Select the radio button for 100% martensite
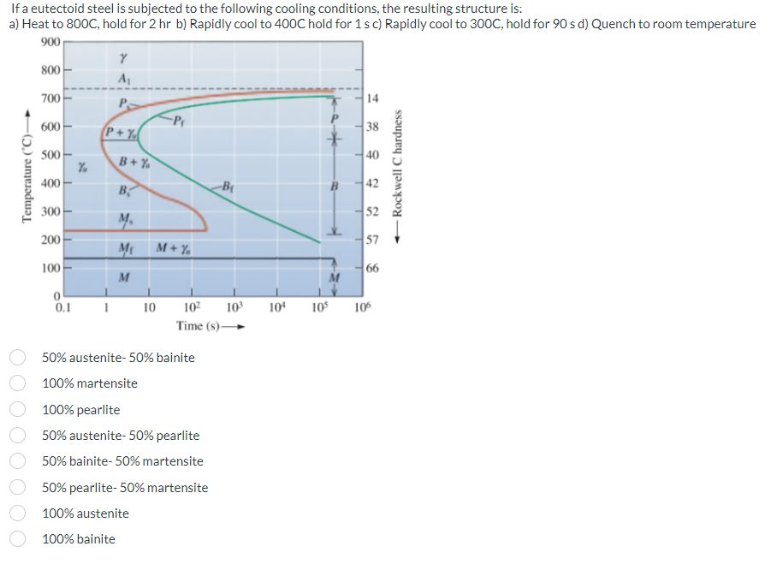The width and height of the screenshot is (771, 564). pos(15,383)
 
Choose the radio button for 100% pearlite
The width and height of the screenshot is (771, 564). pos(15,409)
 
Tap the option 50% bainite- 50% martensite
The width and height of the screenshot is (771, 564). pos(15,461)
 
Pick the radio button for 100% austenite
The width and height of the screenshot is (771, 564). pos(15,514)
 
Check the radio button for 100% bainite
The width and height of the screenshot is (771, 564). pos(15,539)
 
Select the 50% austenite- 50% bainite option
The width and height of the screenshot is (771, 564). pos(15,357)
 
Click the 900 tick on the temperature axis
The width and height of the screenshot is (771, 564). pos(50,41)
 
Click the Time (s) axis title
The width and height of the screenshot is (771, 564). pos(204,326)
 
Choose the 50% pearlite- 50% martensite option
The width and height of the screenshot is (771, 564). pos(15,488)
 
